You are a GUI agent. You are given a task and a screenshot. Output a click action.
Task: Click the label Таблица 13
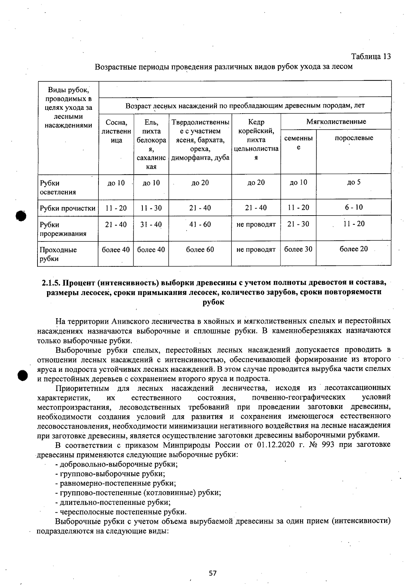coord(371,56)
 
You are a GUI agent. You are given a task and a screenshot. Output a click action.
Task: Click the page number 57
coord(213,573)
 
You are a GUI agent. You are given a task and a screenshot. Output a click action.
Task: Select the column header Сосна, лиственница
coord(116,131)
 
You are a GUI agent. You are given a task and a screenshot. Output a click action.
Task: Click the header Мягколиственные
coord(336,121)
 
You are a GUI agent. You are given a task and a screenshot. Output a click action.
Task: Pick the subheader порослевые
coord(353,138)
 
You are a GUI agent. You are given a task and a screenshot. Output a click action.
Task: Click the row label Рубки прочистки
coord(67,208)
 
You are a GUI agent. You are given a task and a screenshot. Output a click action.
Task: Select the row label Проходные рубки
coord(58,254)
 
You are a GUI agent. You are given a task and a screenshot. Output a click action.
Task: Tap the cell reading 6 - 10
coord(353,207)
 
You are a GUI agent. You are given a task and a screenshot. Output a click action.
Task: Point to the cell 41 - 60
coord(200,224)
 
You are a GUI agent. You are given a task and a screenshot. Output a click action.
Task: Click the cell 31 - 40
coord(151,224)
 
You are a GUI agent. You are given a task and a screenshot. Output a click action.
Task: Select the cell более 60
coord(200,249)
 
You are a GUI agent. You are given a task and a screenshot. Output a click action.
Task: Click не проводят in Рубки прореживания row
coord(256,224)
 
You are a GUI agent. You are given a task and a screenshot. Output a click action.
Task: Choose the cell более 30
coord(298,249)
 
